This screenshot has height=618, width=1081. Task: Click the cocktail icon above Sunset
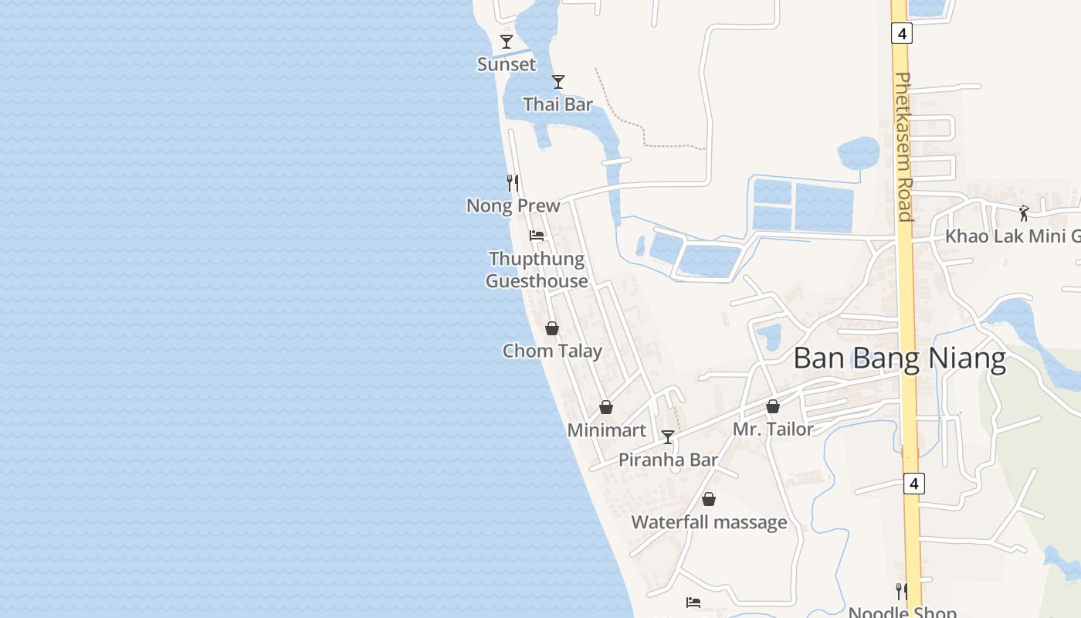(x=507, y=42)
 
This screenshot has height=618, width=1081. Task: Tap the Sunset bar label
(x=507, y=64)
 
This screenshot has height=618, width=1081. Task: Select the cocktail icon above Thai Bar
(x=558, y=81)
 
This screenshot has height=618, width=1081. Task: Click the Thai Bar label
(x=558, y=104)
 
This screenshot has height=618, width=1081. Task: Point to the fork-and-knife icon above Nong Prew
(x=512, y=183)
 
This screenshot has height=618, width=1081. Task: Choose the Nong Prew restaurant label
(x=513, y=205)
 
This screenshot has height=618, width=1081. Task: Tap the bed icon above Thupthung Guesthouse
(x=537, y=236)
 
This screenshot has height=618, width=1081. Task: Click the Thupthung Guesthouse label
(x=537, y=270)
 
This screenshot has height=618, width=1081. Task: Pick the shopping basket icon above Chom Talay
(x=552, y=328)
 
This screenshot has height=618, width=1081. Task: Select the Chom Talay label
(x=552, y=351)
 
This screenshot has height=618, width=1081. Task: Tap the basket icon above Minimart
(x=606, y=407)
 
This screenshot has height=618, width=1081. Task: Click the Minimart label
(x=606, y=430)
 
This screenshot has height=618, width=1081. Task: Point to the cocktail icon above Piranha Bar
(x=668, y=437)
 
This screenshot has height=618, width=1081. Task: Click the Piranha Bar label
(x=669, y=460)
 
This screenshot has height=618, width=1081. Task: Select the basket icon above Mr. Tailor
(x=773, y=406)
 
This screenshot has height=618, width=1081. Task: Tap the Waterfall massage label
(x=710, y=522)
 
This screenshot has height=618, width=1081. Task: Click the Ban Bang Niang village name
(x=900, y=359)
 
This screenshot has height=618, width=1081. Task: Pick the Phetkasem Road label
(x=904, y=147)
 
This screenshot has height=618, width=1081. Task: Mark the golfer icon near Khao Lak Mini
(x=1024, y=213)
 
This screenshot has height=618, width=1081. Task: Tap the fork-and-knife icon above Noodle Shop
(x=901, y=592)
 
